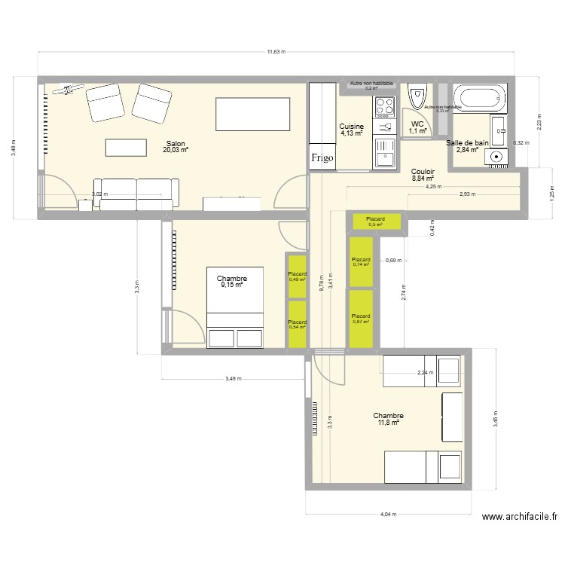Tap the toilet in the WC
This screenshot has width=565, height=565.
coord(417,97)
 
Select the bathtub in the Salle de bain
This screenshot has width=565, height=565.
coord(481,97)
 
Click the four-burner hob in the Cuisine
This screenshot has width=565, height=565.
coord(385,107)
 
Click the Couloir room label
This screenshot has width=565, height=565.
coord(423,176)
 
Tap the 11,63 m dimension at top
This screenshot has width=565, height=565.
coord(276,52)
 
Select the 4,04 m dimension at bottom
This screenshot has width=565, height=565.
coord(387,515)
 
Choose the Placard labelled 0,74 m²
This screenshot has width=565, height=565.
coord(361,262)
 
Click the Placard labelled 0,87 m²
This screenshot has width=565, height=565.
coord(361,319)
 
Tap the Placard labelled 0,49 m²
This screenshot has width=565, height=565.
coord(298,276)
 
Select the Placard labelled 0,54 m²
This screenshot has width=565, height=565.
coord(298,325)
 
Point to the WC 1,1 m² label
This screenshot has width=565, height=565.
coord(417,128)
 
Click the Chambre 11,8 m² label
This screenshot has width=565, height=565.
coord(388,419)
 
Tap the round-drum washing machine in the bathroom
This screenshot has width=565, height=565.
coord(496,157)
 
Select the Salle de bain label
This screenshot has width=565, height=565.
coord(467,142)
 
